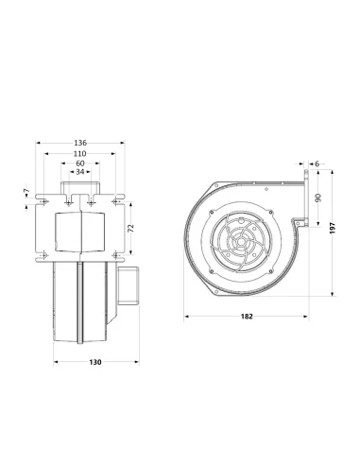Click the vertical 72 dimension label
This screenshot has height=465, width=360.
click(131, 228)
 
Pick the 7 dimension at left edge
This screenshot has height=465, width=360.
click(25, 193)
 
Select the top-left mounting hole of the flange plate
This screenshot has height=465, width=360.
click(44, 201)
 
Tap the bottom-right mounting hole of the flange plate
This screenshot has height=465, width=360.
click(117, 251)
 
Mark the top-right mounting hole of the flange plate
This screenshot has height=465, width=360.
click(117, 201)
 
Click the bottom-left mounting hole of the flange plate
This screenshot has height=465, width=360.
click(44, 251)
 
